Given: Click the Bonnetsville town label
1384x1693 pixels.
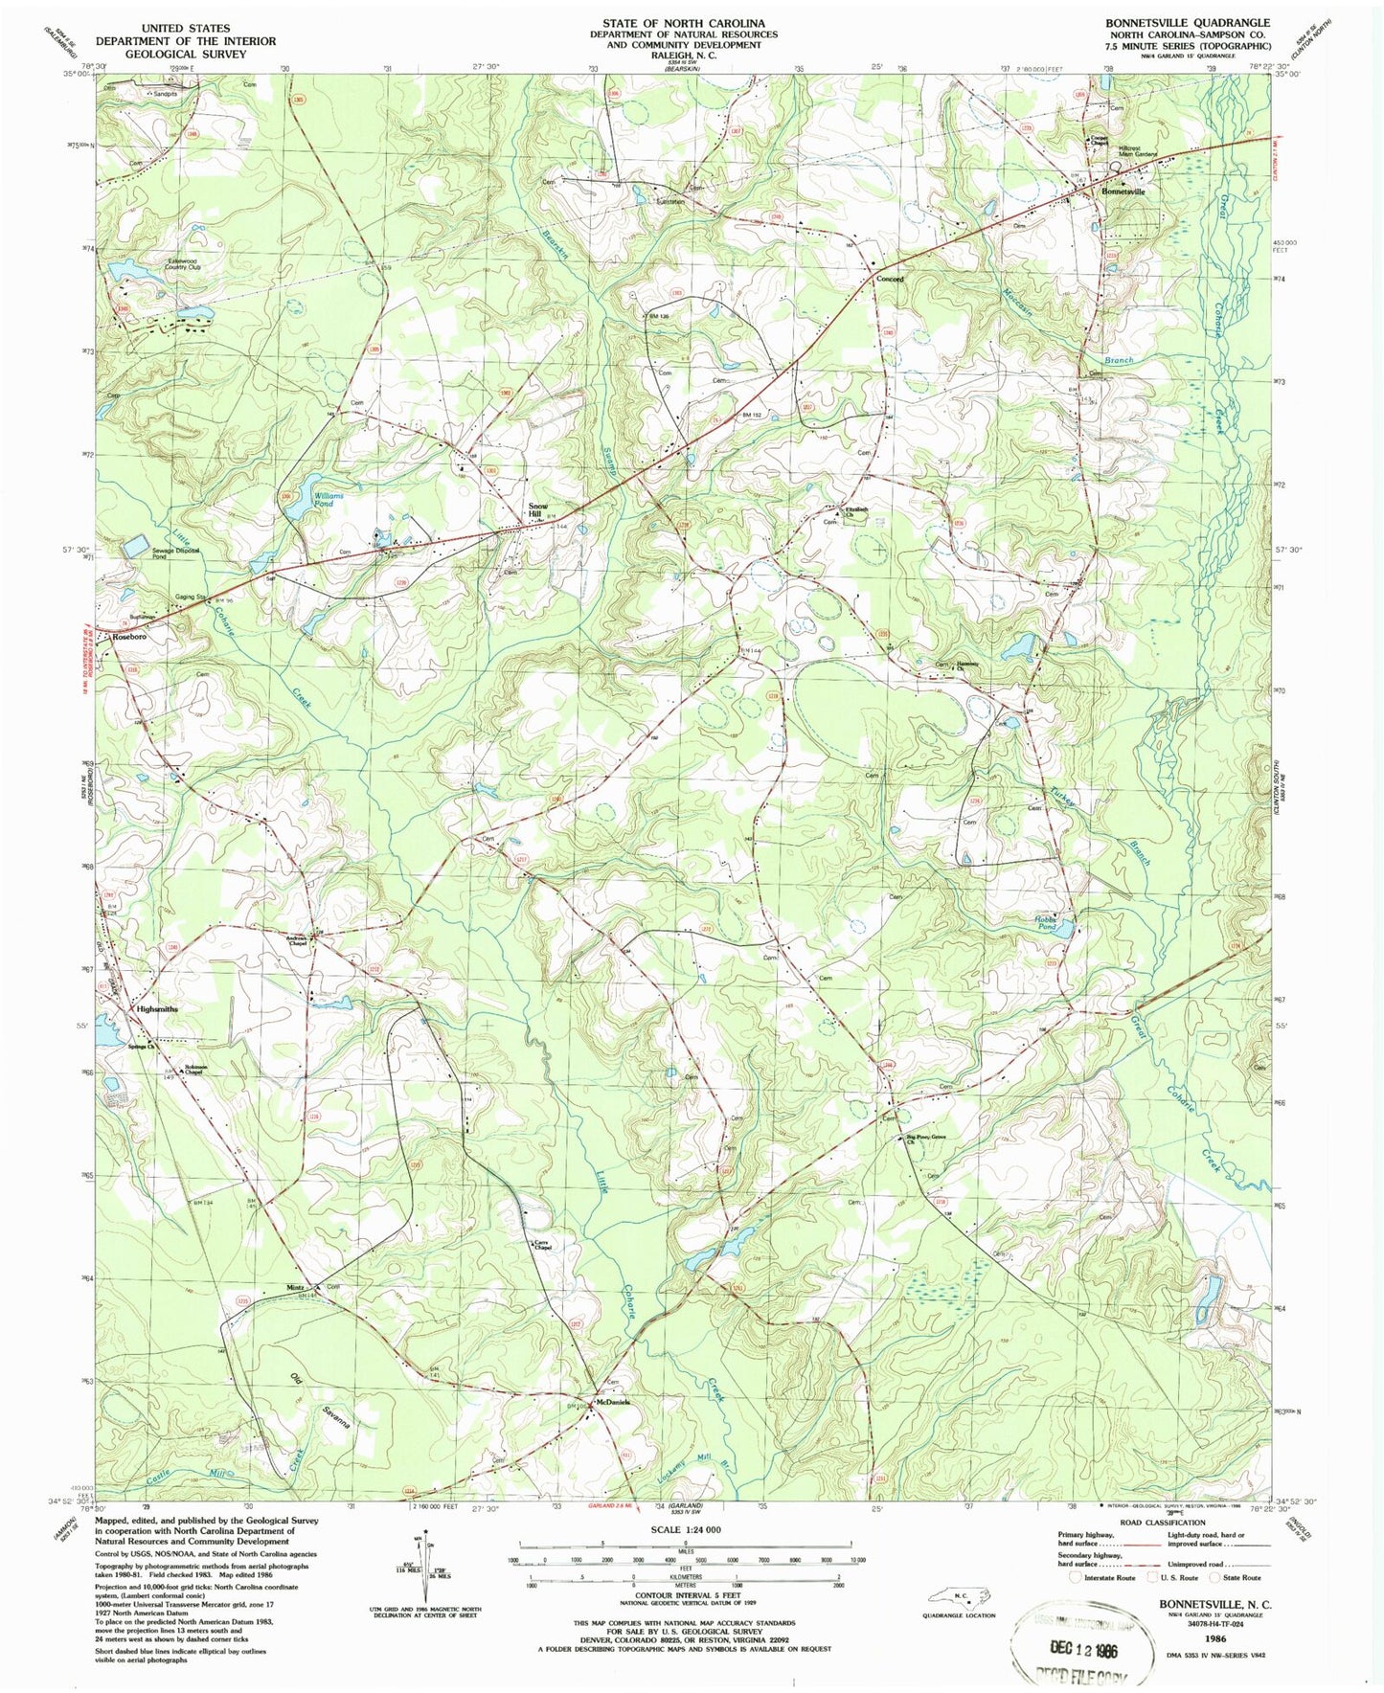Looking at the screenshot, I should click(x=1123, y=192).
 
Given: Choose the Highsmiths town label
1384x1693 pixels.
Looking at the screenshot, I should click(x=157, y=1009).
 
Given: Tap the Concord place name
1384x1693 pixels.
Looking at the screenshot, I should click(x=890, y=280).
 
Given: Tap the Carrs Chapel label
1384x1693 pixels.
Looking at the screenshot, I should click(x=543, y=1246).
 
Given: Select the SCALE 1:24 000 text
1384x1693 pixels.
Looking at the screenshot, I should click(x=685, y=1529).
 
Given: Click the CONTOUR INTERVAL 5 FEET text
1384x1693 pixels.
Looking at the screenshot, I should click(x=685, y=1595).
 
